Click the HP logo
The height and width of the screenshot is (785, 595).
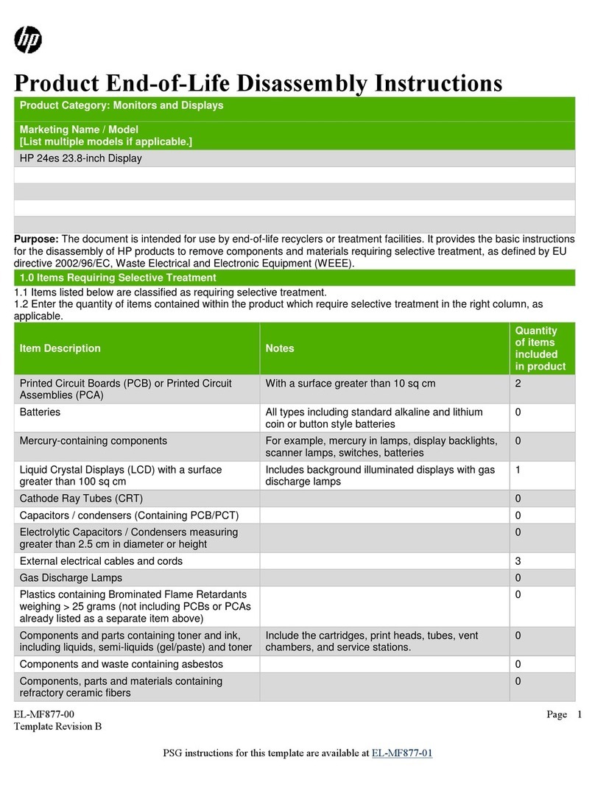click(x=28, y=38)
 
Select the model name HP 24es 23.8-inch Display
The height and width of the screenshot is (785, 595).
click(x=80, y=158)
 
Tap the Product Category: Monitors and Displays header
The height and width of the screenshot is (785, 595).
click(x=121, y=105)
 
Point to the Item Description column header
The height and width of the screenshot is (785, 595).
click(x=60, y=348)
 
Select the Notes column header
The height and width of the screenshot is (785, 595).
click(x=280, y=348)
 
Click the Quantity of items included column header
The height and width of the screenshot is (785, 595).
click(x=540, y=348)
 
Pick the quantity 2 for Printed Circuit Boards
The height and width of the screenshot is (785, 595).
click(x=518, y=384)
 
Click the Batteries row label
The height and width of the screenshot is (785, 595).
click(x=40, y=412)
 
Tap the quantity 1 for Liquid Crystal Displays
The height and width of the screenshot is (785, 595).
click(x=518, y=469)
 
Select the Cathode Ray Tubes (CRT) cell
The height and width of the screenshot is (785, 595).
click(x=76, y=498)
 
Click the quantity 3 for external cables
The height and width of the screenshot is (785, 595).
click(x=518, y=561)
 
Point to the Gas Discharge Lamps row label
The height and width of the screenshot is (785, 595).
click(x=71, y=577)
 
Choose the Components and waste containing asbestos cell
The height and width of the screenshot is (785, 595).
click(x=122, y=664)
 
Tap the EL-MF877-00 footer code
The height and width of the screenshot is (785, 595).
click(x=44, y=714)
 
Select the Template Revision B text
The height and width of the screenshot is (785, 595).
click(x=57, y=727)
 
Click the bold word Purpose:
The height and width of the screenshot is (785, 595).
click(x=36, y=239)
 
